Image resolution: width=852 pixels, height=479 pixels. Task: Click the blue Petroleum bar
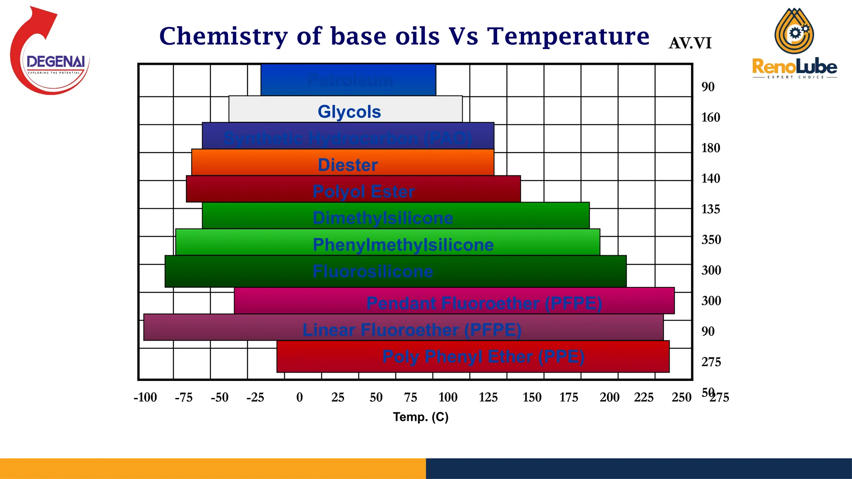(348, 80)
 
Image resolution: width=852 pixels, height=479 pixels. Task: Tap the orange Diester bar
(343, 163)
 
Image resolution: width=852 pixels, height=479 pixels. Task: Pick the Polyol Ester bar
(353, 189)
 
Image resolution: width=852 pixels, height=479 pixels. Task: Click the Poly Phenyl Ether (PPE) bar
(473, 357)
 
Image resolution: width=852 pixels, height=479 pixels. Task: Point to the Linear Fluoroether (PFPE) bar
(403, 328)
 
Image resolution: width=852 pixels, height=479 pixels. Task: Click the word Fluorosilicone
(373, 272)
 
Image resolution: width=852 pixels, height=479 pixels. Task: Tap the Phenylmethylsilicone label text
(403, 245)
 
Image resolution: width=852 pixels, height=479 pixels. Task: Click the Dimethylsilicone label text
(383, 218)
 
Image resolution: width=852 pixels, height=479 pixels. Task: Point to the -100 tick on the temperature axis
(145, 398)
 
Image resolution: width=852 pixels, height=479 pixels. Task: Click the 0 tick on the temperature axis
(300, 398)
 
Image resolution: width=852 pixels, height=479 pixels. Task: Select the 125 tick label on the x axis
(488, 398)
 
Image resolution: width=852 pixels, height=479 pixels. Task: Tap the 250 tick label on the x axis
(681, 398)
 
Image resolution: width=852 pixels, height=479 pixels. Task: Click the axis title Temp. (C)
(421, 417)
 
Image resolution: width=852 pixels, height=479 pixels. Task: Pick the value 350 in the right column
(711, 240)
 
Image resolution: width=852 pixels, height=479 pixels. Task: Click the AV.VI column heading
(690, 43)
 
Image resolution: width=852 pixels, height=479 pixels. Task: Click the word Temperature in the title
(568, 36)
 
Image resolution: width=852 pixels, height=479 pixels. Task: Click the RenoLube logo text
(794, 67)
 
